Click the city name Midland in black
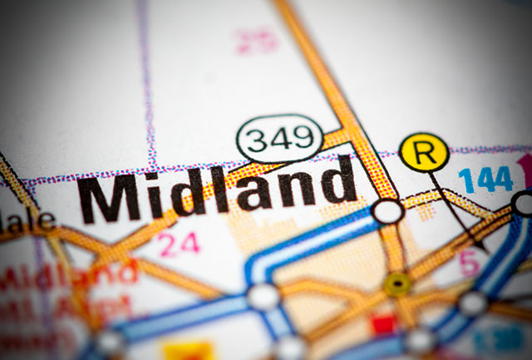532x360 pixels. coord(218,189)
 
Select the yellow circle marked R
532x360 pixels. coord(424,153)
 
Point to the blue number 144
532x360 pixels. coord(485,178)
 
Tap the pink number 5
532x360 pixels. coord(470,263)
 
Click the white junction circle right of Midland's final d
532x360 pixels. coord(387,210)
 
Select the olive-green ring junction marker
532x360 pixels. coord(397,284)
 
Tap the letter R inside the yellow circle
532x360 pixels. coord(424,153)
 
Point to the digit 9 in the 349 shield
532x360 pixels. coord(303,136)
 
